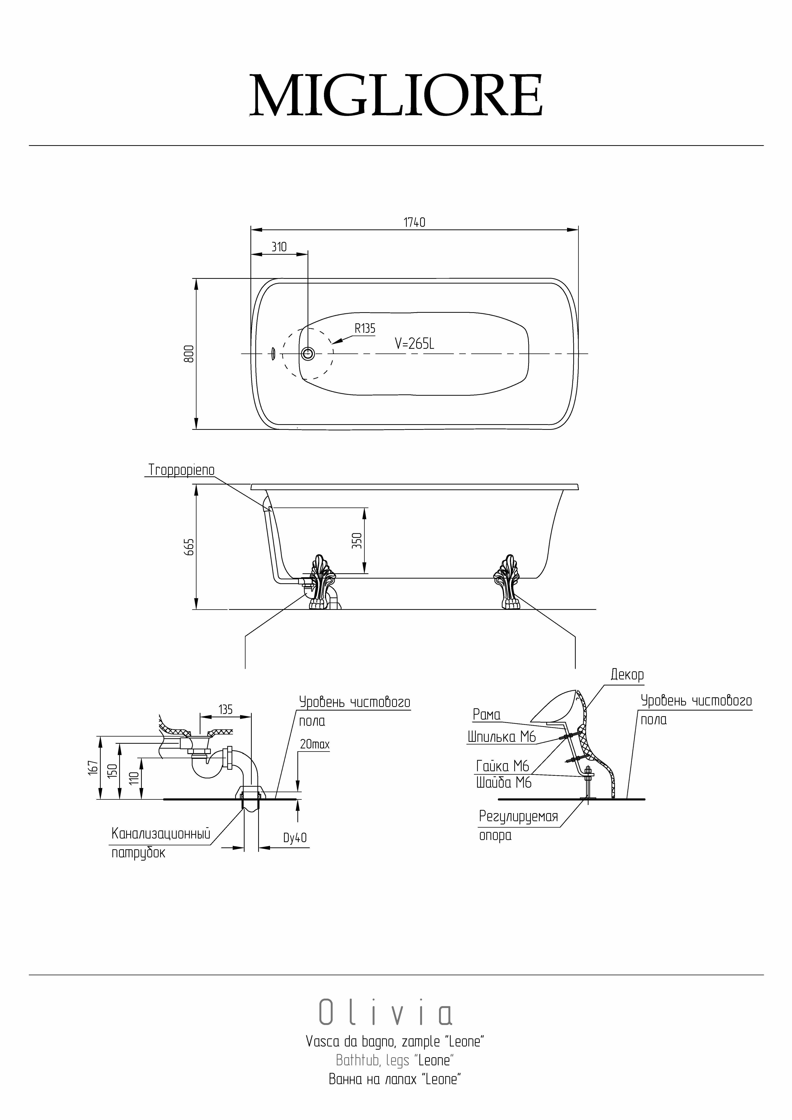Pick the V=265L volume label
(x=414, y=344)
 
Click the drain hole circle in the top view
(x=308, y=354)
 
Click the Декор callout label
(x=627, y=675)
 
